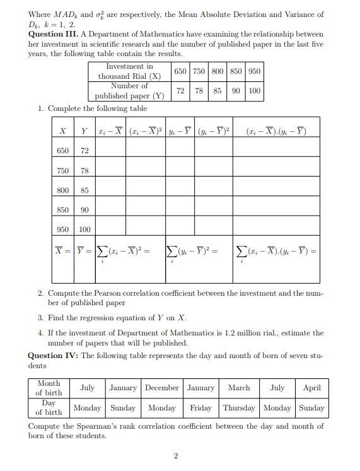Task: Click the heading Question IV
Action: tap(54, 356)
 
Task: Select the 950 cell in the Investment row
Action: tap(254, 71)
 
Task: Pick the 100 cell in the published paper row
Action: tap(254, 91)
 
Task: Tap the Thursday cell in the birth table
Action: tap(239, 407)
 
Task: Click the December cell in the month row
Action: tap(162, 388)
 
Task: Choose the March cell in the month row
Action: tap(239, 388)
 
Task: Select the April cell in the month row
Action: tap(312, 388)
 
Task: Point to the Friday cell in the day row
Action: tap(201, 407)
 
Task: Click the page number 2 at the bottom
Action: tap(176, 455)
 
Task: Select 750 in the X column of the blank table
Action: tap(63, 171)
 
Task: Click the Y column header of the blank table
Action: tap(84, 131)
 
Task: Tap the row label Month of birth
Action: tap(49, 388)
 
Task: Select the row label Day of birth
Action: tap(49, 407)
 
